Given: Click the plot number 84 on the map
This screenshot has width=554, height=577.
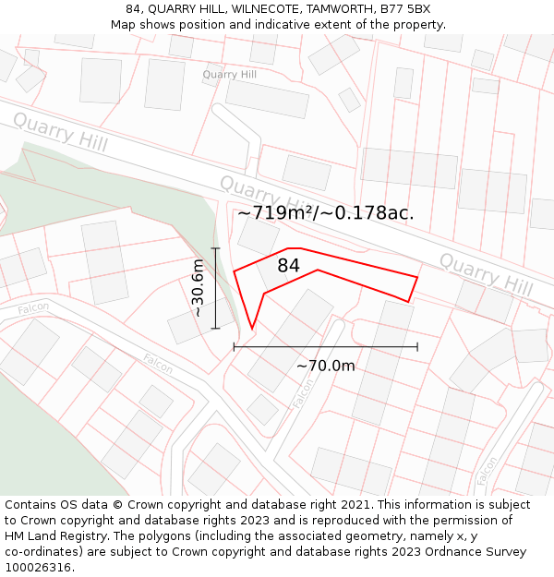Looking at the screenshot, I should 288,266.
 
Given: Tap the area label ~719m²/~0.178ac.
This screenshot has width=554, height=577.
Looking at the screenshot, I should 325,213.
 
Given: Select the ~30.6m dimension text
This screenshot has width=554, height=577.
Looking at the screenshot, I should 198,288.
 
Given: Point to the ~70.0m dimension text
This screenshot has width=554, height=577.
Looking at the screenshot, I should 325,367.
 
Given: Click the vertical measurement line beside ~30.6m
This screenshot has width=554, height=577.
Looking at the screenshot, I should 215,288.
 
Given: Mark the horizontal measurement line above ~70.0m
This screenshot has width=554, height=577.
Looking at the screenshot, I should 325,347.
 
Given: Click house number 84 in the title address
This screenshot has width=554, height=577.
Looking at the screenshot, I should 134,8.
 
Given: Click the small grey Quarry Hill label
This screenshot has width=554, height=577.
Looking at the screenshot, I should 230,74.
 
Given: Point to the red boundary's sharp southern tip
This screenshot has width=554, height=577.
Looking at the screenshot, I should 252,328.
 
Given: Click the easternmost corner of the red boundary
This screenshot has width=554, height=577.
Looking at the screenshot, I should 417,277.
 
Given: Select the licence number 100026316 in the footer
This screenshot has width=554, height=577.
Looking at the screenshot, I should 40,568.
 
